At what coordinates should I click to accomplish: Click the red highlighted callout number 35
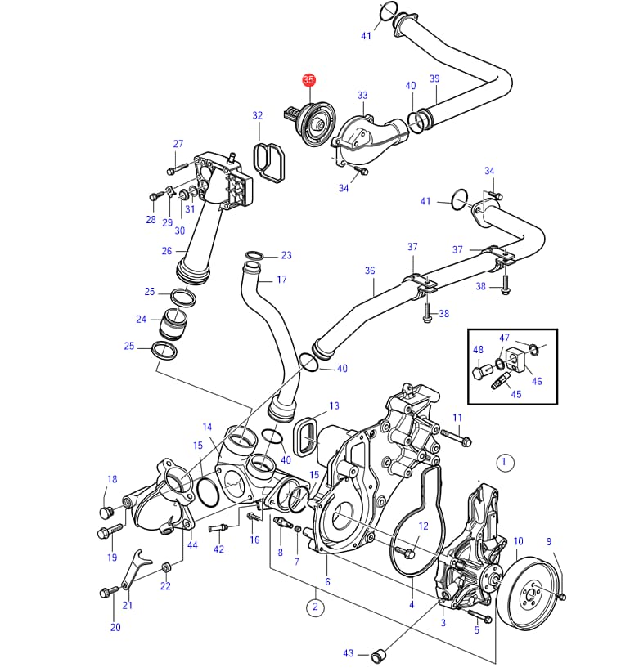[x=308, y=80]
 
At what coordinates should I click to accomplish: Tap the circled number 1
[x=505, y=463]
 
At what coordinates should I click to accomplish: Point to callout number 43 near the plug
[x=349, y=653]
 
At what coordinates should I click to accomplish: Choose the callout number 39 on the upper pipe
[x=434, y=78]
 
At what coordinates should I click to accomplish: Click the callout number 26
[x=167, y=251]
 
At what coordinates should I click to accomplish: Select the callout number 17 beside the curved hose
[x=281, y=280]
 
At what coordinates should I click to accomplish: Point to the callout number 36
[x=370, y=271]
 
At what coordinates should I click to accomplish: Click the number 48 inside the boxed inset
[x=478, y=350]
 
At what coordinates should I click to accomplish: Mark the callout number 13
[x=334, y=405]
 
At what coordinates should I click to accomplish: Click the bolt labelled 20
[x=106, y=591]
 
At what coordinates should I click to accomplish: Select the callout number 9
[x=549, y=541]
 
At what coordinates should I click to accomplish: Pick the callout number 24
[x=141, y=320]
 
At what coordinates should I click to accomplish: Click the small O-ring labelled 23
[x=254, y=257]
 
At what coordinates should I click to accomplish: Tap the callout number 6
[x=327, y=581]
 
